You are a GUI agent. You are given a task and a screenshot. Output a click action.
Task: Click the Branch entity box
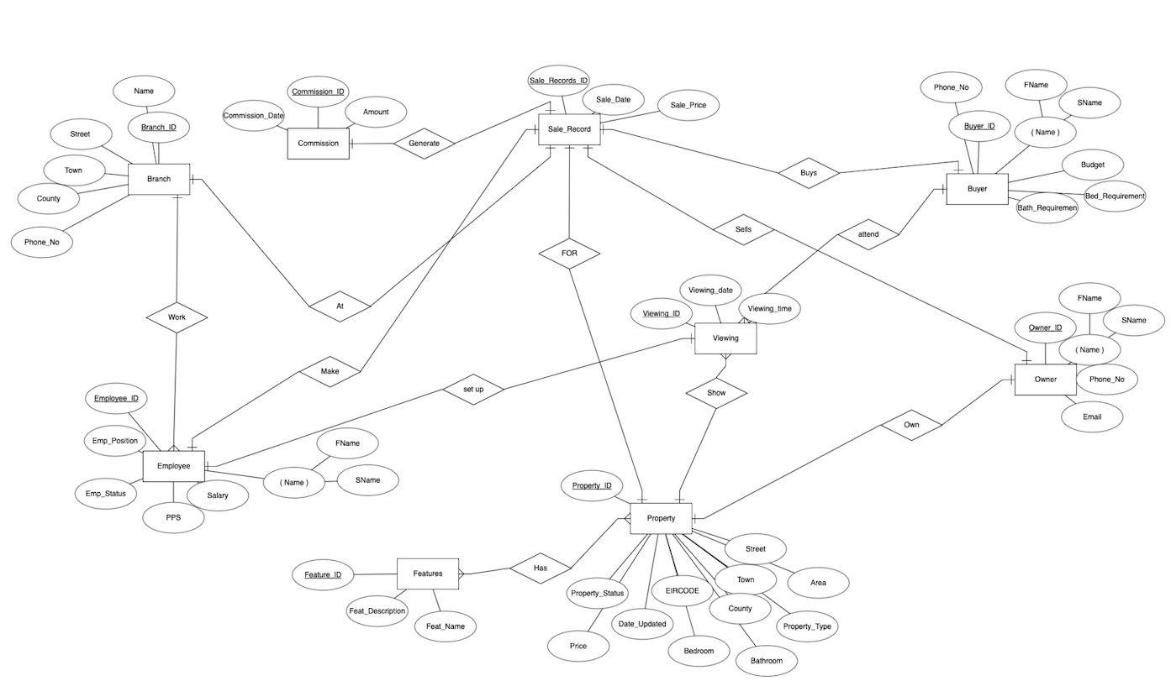point(159,179)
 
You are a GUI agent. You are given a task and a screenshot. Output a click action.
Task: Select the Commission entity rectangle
point(318,143)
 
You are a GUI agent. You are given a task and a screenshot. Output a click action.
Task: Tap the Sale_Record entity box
point(569,129)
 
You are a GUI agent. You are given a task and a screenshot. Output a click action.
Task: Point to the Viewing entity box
point(725,338)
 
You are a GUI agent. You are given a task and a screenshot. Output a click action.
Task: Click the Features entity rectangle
point(428,574)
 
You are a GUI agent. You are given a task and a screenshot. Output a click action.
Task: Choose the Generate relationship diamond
point(424,143)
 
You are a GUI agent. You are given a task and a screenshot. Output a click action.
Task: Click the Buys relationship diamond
point(809,173)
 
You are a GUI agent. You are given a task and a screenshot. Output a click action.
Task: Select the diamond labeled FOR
point(569,253)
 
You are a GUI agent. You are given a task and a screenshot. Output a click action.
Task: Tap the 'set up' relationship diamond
point(473,390)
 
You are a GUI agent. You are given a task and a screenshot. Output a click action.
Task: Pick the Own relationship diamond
point(911,425)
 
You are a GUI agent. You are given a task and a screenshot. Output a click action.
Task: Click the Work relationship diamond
point(177,317)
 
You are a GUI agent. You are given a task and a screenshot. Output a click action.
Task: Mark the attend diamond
point(868,234)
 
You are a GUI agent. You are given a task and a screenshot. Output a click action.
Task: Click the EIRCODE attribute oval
point(683,591)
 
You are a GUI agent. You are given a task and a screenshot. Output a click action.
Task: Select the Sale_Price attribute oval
point(688,106)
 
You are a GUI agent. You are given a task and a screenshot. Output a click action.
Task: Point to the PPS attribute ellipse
point(173,517)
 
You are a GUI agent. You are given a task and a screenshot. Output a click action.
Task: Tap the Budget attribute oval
point(1093,165)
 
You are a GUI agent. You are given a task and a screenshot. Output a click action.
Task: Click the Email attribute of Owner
point(1091,416)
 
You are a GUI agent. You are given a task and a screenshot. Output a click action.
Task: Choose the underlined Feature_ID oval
point(323,575)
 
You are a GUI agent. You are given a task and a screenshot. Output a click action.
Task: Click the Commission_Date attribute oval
point(253,116)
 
